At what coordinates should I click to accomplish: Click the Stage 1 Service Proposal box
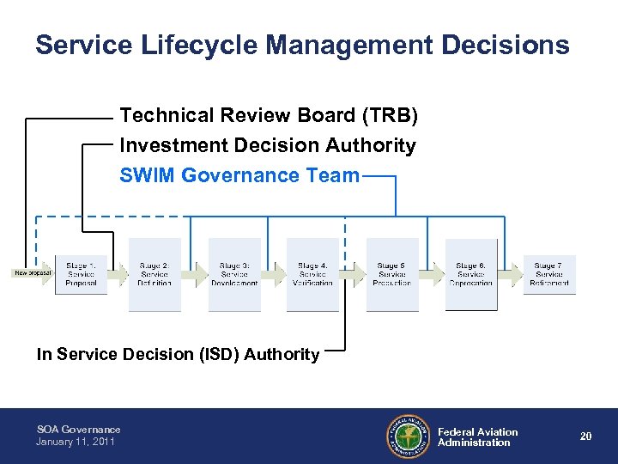[81, 274]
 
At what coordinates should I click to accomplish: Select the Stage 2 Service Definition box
[154, 274]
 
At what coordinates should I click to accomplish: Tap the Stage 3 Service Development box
[234, 274]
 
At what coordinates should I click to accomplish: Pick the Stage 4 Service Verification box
[312, 274]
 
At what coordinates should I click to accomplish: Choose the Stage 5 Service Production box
[392, 274]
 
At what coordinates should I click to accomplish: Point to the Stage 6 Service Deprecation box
[471, 274]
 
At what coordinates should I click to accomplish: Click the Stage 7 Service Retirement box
[549, 274]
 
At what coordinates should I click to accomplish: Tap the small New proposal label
[33, 273]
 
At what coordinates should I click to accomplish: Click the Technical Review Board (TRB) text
[269, 115]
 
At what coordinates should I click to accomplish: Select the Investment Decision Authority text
[268, 145]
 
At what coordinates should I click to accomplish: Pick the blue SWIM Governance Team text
[239, 175]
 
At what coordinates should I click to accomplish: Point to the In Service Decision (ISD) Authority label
[178, 354]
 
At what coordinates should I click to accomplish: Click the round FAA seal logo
[407, 437]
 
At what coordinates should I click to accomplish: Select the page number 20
[585, 437]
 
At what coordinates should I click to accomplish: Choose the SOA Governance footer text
[79, 430]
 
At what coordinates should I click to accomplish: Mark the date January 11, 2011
[76, 442]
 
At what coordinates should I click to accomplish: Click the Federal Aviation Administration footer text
[477, 437]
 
